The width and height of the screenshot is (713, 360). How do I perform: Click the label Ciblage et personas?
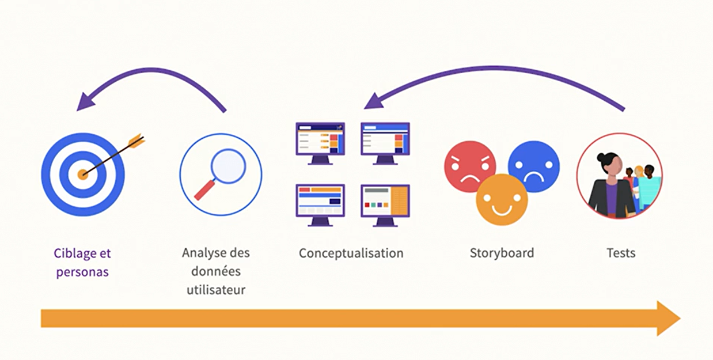point(82,262)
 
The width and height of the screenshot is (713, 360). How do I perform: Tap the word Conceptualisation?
point(351,253)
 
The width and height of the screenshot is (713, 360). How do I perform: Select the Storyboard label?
point(502,253)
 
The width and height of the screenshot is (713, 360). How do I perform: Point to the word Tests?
point(621,253)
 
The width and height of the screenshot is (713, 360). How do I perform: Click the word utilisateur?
point(216,290)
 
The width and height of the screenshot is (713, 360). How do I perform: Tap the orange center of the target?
point(83,174)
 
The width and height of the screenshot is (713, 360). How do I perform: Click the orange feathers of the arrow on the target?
point(136,140)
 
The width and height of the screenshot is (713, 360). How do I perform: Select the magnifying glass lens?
point(228,166)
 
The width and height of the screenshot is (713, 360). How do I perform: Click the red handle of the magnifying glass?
point(204,190)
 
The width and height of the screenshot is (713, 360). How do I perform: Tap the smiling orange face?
point(502,200)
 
